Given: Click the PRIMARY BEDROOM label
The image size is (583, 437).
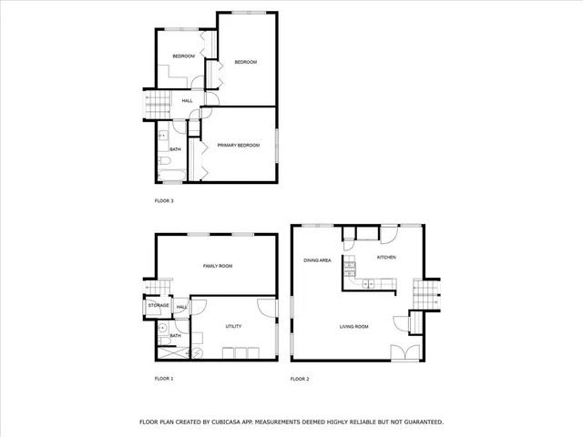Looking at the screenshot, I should pos(238,144).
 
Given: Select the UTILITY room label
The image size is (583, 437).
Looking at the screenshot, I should pos(233,325).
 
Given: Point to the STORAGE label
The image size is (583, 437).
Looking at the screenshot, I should pos(159,305).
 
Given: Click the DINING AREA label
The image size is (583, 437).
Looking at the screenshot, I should pos(317,260).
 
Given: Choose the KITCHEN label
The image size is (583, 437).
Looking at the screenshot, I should pos(387,258).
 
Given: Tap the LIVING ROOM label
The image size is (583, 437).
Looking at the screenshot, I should pos(353,326).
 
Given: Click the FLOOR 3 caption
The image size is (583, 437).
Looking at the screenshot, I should pos(164,200).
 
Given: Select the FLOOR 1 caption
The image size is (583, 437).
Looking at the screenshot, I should pos(164,378).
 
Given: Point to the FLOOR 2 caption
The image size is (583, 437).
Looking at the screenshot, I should pos(301,378).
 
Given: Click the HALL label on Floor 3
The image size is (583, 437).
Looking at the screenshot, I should pos(187,100).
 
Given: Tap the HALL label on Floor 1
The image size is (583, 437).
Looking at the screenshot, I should pos(181,308).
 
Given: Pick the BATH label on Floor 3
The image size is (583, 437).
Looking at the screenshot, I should pos(175,149).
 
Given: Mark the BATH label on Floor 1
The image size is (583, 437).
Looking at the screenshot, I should pos(175,336).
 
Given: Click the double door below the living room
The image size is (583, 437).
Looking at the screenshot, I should pos(401,352).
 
